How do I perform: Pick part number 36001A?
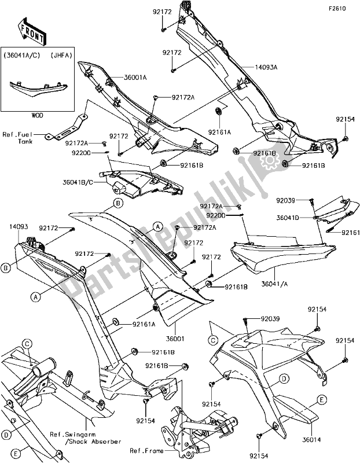(x=135, y=78)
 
